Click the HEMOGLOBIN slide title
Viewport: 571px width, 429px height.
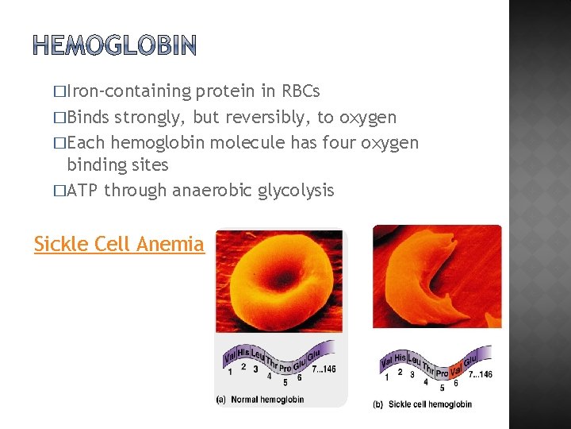[114, 46]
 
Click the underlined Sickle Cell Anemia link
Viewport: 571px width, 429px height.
[119, 245]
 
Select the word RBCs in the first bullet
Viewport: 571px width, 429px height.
[301, 91]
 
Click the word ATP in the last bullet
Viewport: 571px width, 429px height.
[83, 191]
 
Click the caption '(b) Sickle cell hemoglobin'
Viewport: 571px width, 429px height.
[422, 404]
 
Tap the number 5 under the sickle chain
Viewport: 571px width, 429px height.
[442, 388]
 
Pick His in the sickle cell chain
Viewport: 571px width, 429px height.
[400, 359]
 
